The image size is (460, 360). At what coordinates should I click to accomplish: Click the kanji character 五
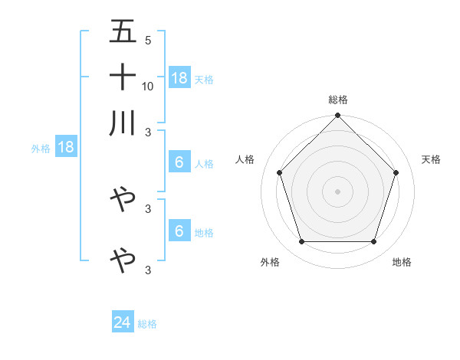tap(123, 31)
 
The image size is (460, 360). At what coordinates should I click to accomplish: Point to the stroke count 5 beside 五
tap(147, 41)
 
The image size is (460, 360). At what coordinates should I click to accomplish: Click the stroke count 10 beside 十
tap(148, 86)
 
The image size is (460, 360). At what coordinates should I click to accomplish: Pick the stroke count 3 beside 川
tap(147, 132)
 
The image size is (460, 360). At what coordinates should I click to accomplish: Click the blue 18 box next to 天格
tap(179, 78)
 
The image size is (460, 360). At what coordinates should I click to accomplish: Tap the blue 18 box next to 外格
tap(66, 147)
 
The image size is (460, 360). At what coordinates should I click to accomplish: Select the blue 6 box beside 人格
tap(179, 162)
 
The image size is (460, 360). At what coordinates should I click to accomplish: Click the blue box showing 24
tap(123, 322)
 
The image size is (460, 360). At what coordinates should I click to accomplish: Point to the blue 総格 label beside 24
tap(147, 324)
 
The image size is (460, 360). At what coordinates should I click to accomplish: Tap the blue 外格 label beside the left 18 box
tap(41, 149)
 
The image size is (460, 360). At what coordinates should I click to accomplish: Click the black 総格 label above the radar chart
tap(338, 100)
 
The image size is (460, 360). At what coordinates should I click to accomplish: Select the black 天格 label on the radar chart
tap(432, 159)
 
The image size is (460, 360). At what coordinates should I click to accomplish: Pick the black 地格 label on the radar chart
tap(402, 262)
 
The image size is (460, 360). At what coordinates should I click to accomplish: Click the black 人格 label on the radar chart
tap(245, 159)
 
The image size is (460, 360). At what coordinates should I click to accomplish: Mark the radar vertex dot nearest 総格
tap(338, 117)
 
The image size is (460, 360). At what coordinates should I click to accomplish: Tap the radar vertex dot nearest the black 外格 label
tap(301, 242)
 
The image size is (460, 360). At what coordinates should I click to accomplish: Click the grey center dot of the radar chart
tap(338, 191)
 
